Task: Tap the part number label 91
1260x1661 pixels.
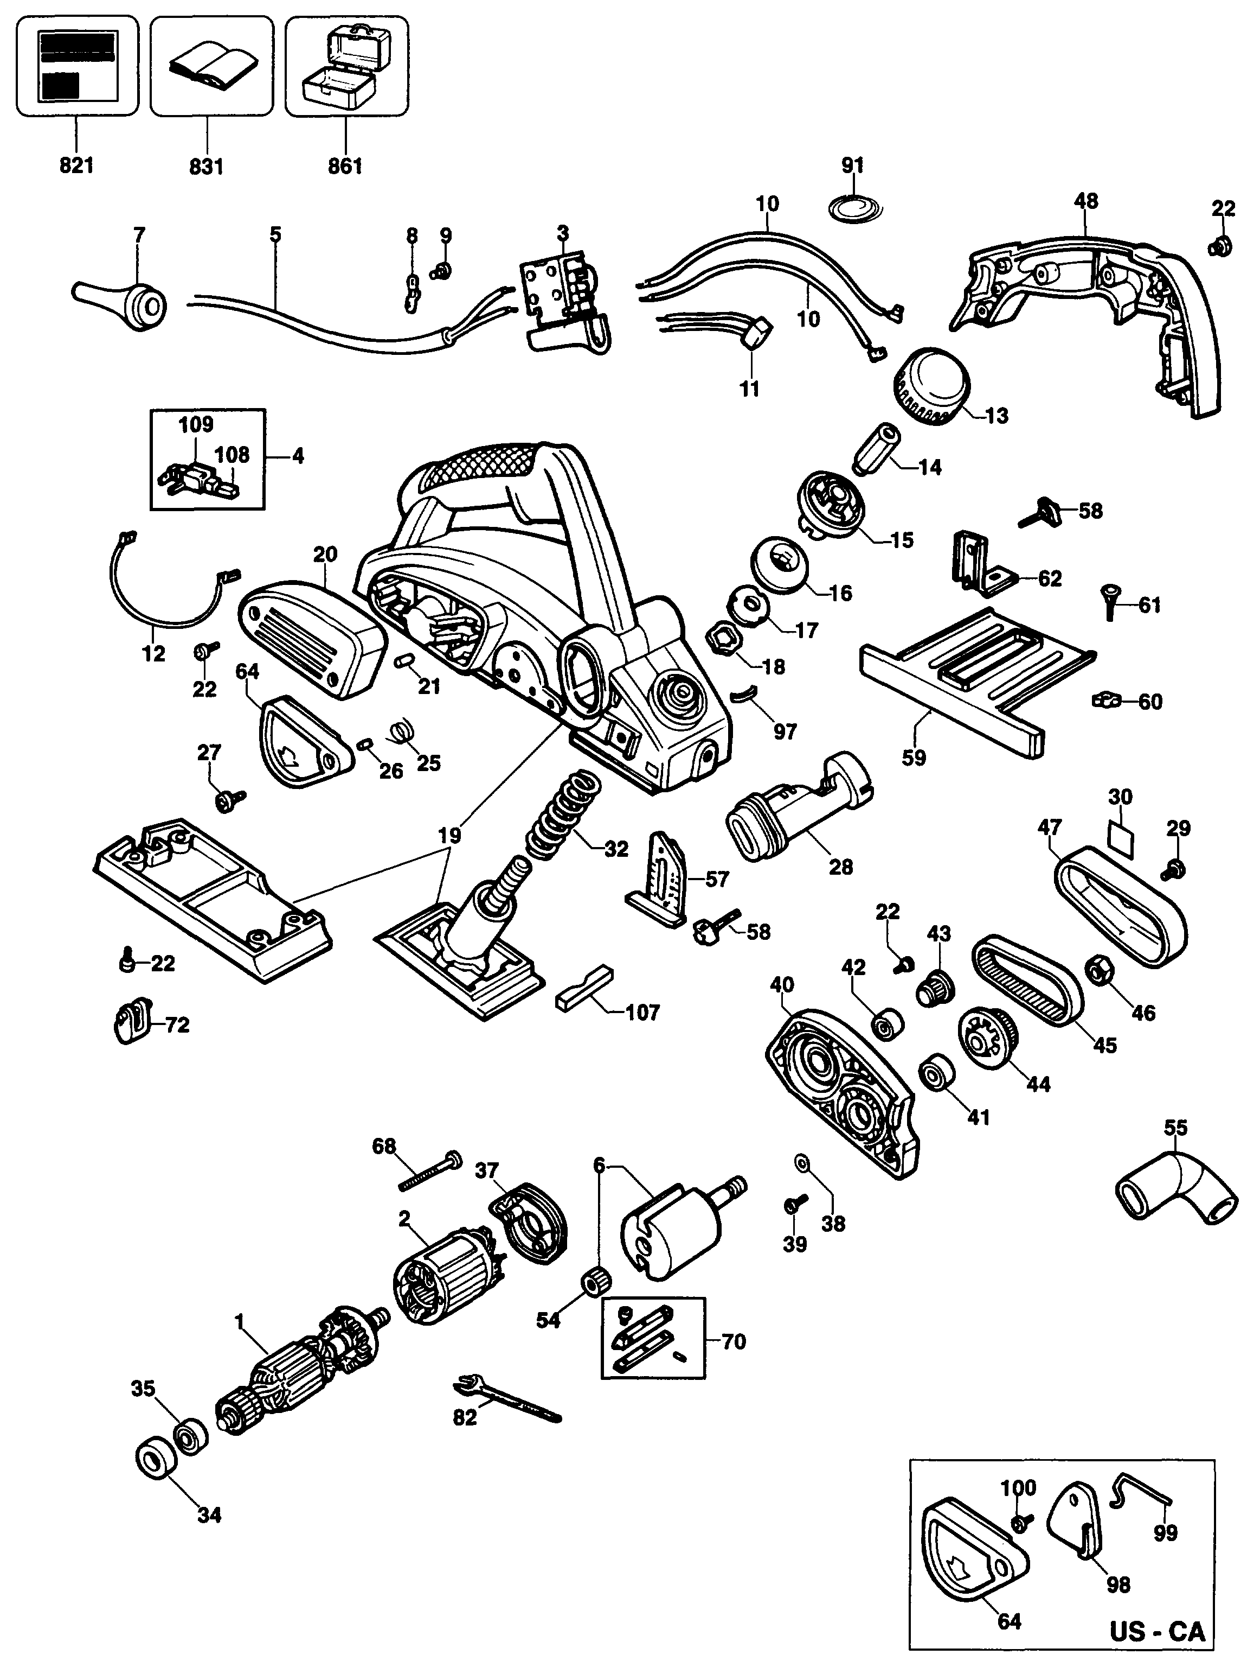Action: click(x=852, y=165)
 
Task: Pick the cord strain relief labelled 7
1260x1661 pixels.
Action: click(x=124, y=303)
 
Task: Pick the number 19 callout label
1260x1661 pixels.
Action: click(x=449, y=834)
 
